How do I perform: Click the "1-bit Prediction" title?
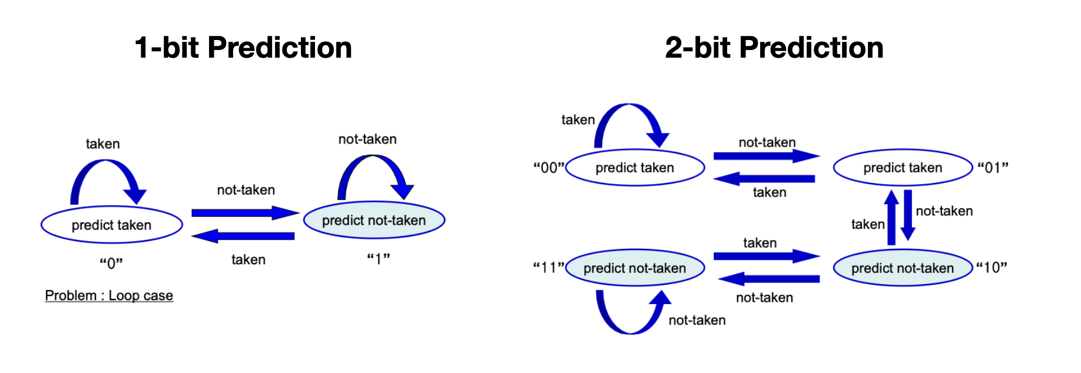pyautogui.click(x=243, y=48)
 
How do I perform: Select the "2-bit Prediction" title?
pyautogui.click(x=774, y=48)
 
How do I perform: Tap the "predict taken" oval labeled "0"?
pyautogui.click(x=112, y=225)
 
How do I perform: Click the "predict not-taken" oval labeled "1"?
pyautogui.click(x=374, y=221)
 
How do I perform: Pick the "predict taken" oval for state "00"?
pyautogui.click(x=635, y=168)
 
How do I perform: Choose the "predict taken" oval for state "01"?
pyautogui.click(x=903, y=168)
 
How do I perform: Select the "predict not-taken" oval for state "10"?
pyautogui.click(x=903, y=268)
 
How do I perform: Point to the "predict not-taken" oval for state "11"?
pyautogui.click(x=635, y=268)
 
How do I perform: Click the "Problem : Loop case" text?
pyautogui.click(x=109, y=295)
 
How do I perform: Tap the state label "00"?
pyautogui.click(x=549, y=168)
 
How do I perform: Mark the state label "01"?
pyautogui.click(x=993, y=168)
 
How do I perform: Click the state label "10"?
pyautogui.click(x=992, y=268)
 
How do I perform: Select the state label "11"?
pyautogui.click(x=549, y=268)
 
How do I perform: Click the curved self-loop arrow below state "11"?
pyautogui.click(x=630, y=327)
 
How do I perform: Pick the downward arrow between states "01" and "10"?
pyautogui.click(x=908, y=215)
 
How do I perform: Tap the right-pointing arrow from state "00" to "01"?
pyautogui.click(x=765, y=156)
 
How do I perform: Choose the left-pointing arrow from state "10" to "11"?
pyautogui.click(x=768, y=278)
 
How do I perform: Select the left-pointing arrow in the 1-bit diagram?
pyautogui.click(x=243, y=237)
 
